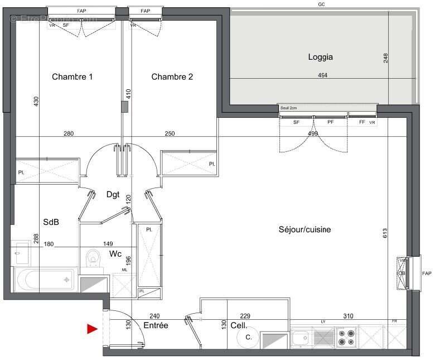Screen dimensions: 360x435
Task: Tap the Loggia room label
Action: (320, 57)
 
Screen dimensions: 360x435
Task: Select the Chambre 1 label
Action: (72, 77)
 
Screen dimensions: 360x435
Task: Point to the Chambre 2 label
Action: (172, 77)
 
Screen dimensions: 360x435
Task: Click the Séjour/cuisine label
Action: (304, 229)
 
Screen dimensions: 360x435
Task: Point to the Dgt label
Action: (113, 194)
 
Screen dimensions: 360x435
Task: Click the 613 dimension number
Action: (384, 235)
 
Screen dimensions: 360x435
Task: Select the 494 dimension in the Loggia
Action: (323, 75)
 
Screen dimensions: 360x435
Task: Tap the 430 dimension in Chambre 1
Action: (36, 102)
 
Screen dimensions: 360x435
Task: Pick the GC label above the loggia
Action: (321, 4)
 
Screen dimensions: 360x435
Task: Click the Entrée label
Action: (156, 325)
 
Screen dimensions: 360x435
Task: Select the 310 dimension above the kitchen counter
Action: (347, 316)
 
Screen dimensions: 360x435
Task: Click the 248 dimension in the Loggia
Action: (385, 58)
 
